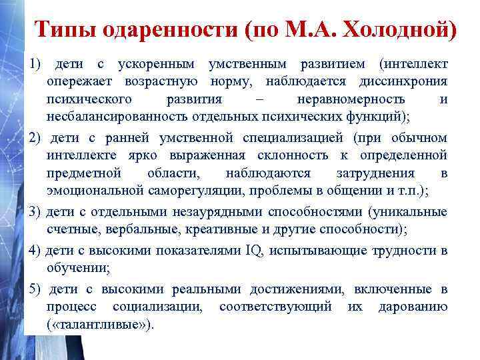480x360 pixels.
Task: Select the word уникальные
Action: coord(411,212)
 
